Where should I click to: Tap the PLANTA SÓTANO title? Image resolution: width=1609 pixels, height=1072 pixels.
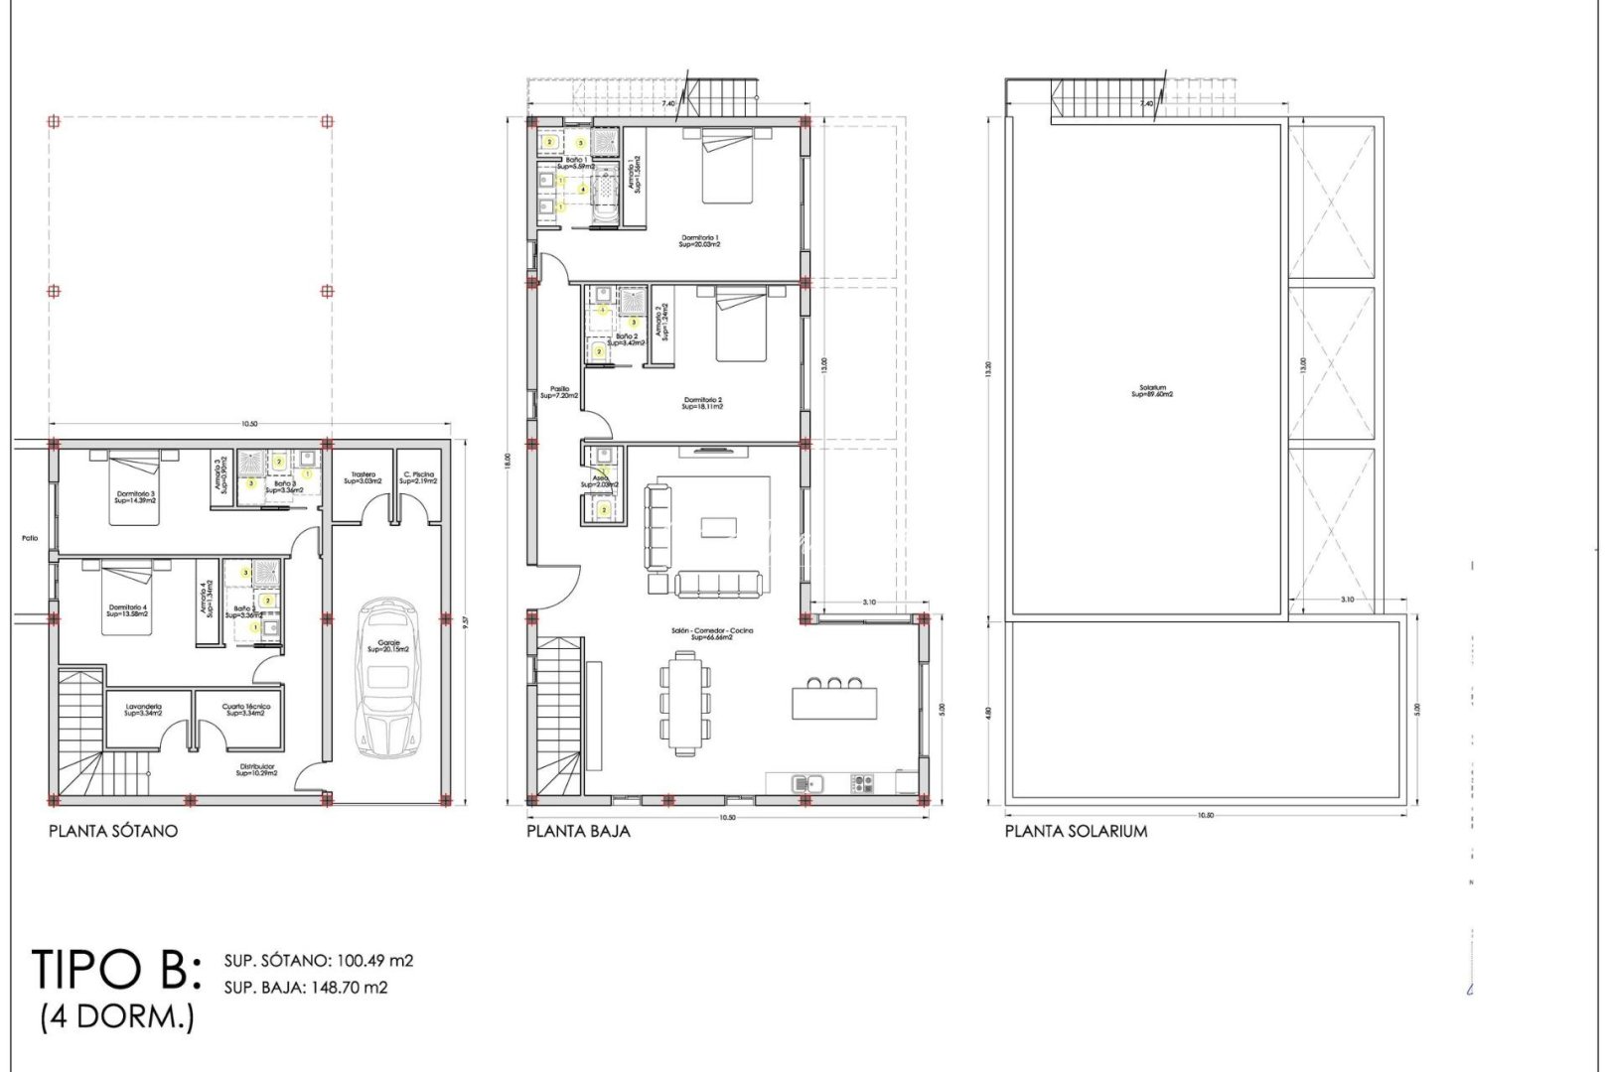113,831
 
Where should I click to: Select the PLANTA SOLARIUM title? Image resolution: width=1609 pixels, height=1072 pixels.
1076,831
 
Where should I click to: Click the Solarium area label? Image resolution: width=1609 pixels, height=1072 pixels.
1152,391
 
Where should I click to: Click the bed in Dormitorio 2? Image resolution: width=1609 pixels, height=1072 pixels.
741,324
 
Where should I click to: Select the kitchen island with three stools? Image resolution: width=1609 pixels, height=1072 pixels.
834,701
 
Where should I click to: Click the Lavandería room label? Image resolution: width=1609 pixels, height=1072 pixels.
144,710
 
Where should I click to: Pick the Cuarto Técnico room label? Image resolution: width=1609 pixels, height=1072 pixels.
247,710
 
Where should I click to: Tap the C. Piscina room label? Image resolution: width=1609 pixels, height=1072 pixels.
418,477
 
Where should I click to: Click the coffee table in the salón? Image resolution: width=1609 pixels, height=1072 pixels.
717,526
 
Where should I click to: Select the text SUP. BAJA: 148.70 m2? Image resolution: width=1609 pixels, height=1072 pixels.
306,987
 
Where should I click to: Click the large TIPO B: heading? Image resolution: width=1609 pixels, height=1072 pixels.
117,969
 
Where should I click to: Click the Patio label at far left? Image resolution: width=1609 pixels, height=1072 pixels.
30,538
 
